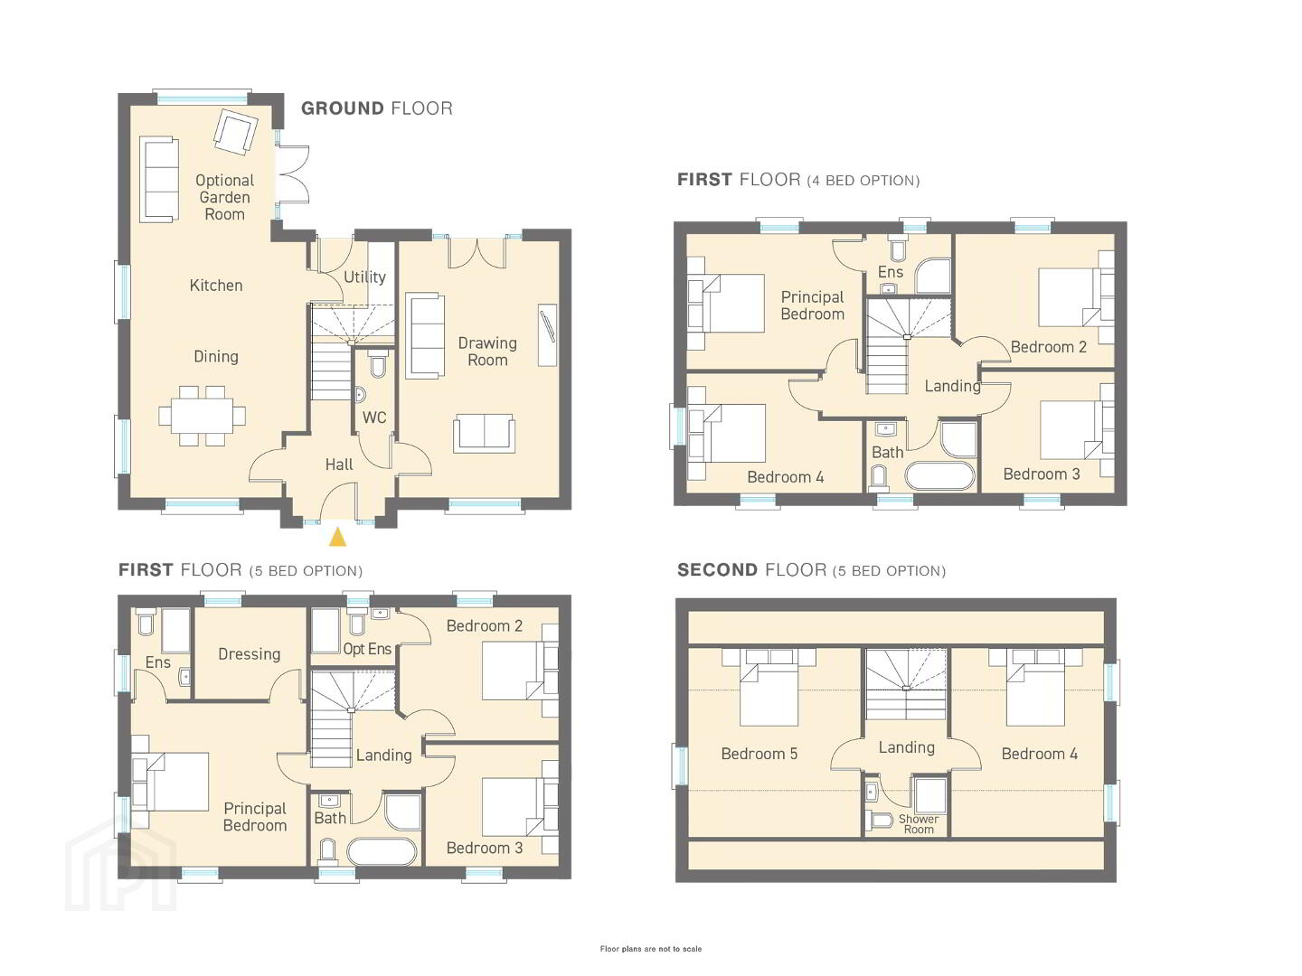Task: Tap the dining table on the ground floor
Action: pyautogui.click(x=202, y=416)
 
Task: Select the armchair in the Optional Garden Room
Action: pyautogui.click(x=236, y=132)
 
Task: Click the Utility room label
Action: pyautogui.click(x=364, y=277)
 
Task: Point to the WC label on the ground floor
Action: pyautogui.click(x=374, y=418)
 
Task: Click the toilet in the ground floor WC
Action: pyautogui.click(x=377, y=364)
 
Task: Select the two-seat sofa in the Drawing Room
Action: pyautogui.click(x=484, y=433)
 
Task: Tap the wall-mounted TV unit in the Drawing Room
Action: pyautogui.click(x=548, y=334)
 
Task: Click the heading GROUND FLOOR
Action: pyautogui.click(x=377, y=108)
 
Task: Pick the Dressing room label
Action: pyautogui.click(x=250, y=654)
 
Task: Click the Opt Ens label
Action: pyautogui.click(x=367, y=649)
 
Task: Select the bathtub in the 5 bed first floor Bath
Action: pyautogui.click(x=382, y=851)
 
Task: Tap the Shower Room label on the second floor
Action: pyautogui.click(x=919, y=823)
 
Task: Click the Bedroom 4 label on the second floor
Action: pyautogui.click(x=1039, y=754)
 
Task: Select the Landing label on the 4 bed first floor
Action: pyautogui.click(x=953, y=387)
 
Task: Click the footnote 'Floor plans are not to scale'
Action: pyautogui.click(x=651, y=949)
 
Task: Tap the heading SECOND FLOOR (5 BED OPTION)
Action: pyautogui.click(x=811, y=570)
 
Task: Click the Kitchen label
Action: pyautogui.click(x=216, y=286)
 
